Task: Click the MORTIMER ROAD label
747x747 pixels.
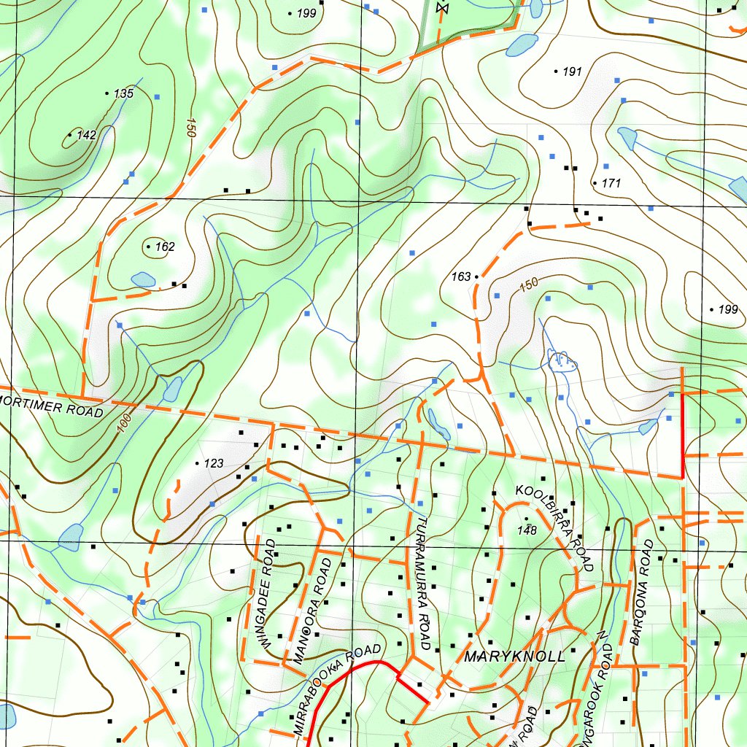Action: (51, 406)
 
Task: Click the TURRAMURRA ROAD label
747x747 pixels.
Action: (422, 584)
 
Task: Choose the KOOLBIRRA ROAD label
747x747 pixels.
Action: (554, 525)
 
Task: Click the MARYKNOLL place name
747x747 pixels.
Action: (514, 657)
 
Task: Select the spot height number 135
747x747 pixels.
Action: (123, 93)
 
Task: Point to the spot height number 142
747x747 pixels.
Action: (86, 135)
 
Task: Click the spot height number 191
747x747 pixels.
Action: (572, 71)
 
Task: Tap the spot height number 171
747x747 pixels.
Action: (611, 183)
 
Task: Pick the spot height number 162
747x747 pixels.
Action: (165, 247)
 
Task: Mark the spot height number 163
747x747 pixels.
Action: (461, 277)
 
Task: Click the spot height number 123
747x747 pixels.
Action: (214, 463)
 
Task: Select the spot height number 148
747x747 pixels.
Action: (527, 530)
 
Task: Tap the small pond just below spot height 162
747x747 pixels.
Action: (143, 279)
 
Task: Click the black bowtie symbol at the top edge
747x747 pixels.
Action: (440, 7)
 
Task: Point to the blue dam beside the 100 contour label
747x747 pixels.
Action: (172, 389)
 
